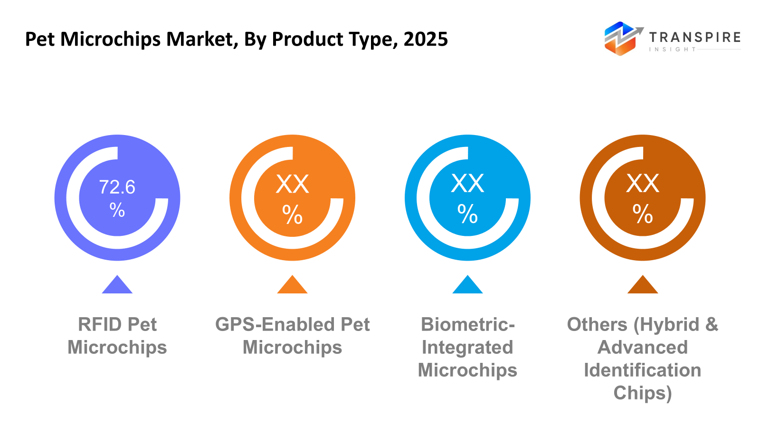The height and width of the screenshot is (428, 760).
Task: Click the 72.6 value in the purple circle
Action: tap(117, 187)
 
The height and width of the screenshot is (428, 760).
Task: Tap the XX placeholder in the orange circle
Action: tap(292, 184)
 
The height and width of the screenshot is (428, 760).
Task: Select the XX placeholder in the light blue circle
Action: tap(467, 184)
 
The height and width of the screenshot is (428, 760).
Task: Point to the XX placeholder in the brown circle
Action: tap(642, 184)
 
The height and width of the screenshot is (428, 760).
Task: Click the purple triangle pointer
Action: tap(117, 286)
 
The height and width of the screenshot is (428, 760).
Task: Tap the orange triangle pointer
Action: tap(292, 286)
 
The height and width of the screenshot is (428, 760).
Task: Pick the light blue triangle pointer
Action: tap(467, 286)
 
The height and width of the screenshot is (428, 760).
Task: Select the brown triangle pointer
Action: tap(642, 286)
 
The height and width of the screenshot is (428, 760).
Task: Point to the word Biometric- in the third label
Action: tap(467, 324)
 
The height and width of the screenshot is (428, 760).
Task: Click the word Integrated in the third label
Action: tap(467, 347)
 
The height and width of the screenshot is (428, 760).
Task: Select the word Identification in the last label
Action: tap(642, 370)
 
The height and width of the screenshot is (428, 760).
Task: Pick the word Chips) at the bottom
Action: tap(642, 393)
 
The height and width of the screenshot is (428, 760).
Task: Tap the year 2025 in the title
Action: tap(426, 39)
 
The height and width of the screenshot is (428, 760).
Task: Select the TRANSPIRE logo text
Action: tap(694, 37)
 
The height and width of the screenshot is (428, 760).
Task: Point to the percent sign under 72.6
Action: tap(117, 209)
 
